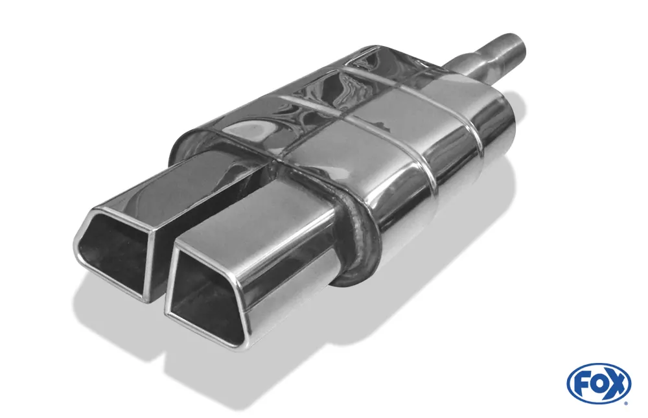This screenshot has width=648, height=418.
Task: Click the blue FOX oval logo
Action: click(x=599, y=383)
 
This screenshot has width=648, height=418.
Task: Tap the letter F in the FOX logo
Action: click(x=581, y=383)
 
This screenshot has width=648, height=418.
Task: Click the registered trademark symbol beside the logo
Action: click(x=625, y=402)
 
